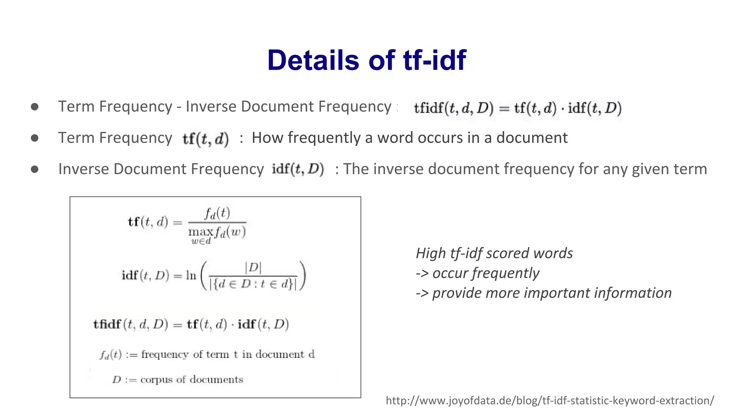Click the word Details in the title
tap(313, 60)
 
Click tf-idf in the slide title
tap(435, 60)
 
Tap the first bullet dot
tap(35, 107)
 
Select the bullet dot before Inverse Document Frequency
tap(35, 169)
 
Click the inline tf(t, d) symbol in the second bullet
tap(205, 139)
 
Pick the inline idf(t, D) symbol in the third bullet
tap(298, 169)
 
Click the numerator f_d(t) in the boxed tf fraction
tap(217, 214)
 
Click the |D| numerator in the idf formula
tap(253, 267)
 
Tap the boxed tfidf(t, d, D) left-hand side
tap(131, 324)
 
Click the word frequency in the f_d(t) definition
tap(165, 354)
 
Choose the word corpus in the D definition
tap(156, 379)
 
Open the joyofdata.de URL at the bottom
tap(550, 401)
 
